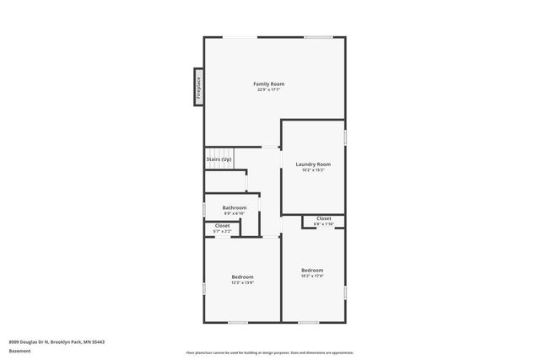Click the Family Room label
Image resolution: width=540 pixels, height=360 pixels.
click(x=270, y=83)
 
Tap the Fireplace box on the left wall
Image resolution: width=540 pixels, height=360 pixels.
click(x=198, y=87)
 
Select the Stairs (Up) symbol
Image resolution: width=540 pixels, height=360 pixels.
click(x=219, y=159)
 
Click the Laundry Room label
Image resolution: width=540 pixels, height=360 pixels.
click(x=312, y=164)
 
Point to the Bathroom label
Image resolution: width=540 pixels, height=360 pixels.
click(x=235, y=207)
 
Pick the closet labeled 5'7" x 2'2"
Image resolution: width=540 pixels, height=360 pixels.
click(x=222, y=226)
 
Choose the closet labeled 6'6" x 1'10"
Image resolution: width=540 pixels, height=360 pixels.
click(x=323, y=218)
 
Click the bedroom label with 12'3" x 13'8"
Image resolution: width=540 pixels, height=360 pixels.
click(x=242, y=277)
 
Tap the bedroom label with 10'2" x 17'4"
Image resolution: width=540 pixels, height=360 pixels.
click(x=312, y=270)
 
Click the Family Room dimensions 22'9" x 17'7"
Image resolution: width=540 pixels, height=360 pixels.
click(x=270, y=89)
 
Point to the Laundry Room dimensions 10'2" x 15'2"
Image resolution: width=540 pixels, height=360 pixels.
click(x=312, y=170)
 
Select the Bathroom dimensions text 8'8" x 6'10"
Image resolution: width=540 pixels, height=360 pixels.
click(x=235, y=213)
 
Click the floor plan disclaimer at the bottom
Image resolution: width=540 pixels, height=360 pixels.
click(x=270, y=352)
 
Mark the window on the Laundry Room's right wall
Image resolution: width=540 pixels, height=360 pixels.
click(x=345, y=135)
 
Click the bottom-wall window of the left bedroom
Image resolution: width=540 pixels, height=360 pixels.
click(x=239, y=322)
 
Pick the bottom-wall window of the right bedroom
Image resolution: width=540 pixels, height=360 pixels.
click(x=309, y=322)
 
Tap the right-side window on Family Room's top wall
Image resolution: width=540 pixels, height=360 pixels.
click(x=317, y=37)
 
